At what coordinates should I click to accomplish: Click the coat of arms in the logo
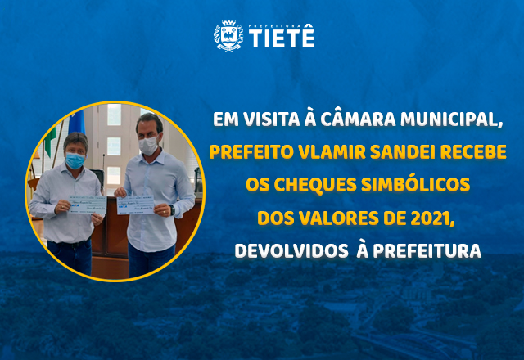[228, 35]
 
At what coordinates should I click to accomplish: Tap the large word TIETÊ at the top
[281, 38]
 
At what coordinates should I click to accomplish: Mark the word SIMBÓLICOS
[413, 186]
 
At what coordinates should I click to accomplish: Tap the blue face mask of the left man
[75, 160]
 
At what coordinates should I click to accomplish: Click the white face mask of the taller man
[147, 145]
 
